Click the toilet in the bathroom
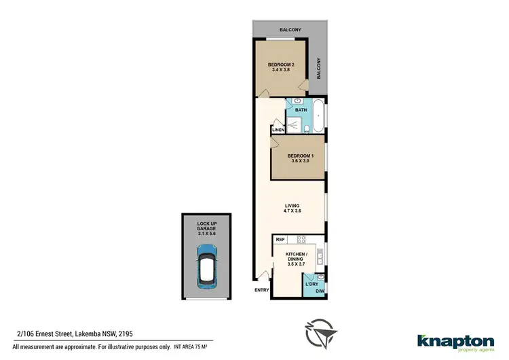306,129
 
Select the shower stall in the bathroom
294,125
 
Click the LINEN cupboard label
278,130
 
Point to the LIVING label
293,205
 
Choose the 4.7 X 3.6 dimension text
293,211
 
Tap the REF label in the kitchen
280,239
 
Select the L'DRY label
312,284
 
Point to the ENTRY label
262,291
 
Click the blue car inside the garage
206,266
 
